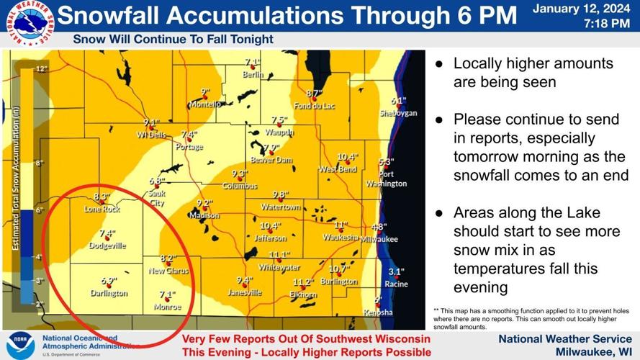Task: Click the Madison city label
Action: (x=203, y=215)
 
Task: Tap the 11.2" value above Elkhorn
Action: (x=303, y=282)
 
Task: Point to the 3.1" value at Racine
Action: (x=396, y=271)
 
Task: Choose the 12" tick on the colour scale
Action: (x=42, y=69)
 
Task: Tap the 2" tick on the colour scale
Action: (x=40, y=304)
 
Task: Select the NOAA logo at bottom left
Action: (x=21, y=344)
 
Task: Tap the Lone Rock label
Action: (x=102, y=209)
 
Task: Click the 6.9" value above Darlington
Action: (x=109, y=281)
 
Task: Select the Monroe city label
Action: (x=168, y=307)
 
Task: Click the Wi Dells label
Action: (x=150, y=135)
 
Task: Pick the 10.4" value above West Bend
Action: (x=348, y=157)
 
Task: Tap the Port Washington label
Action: (x=386, y=179)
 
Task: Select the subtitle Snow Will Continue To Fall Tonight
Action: (x=173, y=40)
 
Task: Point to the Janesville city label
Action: (x=244, y=292)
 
